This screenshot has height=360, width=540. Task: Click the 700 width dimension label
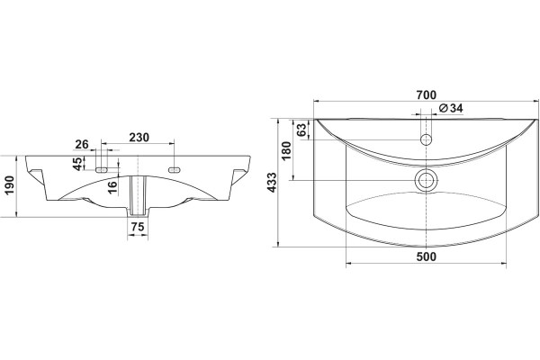pyautogui.click(x=426, y=94)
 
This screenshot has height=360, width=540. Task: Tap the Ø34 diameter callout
pyautogui.click(x=451, y=108)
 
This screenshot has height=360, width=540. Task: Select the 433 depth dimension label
pyautogui.click(x=272, y=182)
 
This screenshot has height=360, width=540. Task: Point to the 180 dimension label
pyautogui.click(x=286, y=150)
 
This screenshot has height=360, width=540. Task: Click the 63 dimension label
pyautogui.click(x=301, y=130)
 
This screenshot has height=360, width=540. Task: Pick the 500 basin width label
pyautogui.click(x=426, y=256)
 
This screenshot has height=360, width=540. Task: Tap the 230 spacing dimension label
pyautogui.click(x=139, y=138)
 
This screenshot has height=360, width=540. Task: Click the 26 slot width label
pyautogui.click(x=82, y=144)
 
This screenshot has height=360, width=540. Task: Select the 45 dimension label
pyautogui.click(x=78, y=163)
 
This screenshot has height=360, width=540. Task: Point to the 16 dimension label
pyautogui.click(x=112, y=187)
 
